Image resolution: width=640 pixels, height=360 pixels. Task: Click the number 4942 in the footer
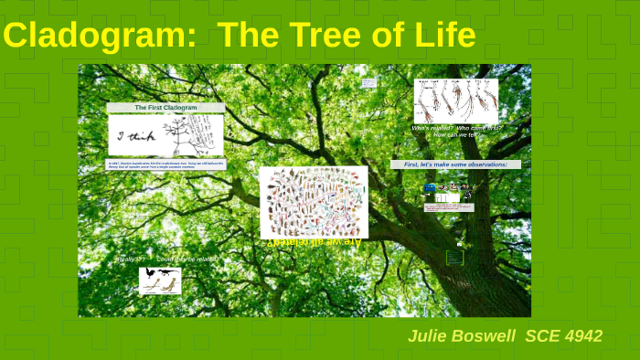(x=582, y=336)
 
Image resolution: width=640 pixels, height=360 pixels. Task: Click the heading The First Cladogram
(x=165, y=108)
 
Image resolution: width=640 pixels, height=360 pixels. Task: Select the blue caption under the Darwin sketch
(x=165, y=165)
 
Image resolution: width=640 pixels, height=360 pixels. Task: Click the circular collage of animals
(x=313, y=202)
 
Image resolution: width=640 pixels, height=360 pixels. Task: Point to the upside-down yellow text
(x=314, y=242)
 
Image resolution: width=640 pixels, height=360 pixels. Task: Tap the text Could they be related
(x=187, y=259)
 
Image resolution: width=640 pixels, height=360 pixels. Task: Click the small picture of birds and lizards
(x=160, y=280)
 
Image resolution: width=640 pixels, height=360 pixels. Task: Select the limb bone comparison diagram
(x=456, y=100)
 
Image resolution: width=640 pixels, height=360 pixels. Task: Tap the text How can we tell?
(x=456, y=135)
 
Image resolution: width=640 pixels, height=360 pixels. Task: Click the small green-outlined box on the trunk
(x=454, y=258)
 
